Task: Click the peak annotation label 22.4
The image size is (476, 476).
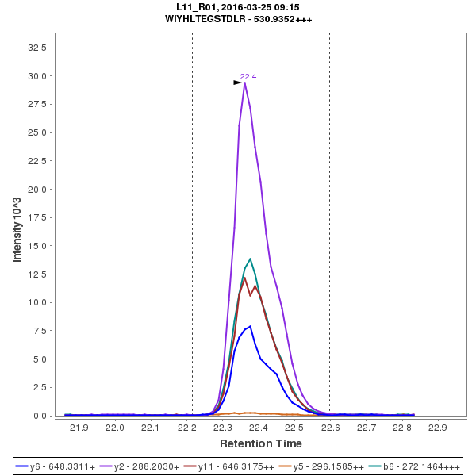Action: [248, 76]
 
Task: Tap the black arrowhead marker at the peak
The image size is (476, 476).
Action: [237, 83]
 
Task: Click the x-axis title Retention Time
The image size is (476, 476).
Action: [260, 443]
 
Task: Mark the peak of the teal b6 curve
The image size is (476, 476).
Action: [251, 259]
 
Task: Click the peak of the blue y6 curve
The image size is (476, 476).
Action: [251, 326]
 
